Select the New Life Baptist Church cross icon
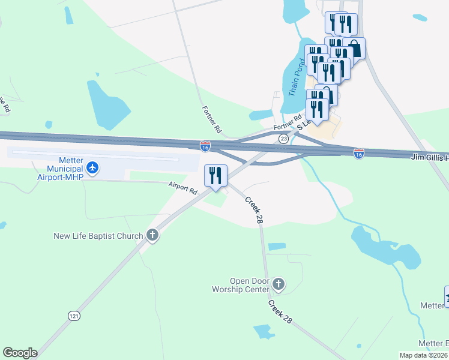tap(152, 235)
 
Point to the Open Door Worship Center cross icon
tap(278, 283)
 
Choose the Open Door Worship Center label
tap(250, 285)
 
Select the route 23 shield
tap(283, 139)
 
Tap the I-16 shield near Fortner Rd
tap(205, 146)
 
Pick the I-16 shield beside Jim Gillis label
tap(359, 154)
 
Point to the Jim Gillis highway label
tap(429, 157)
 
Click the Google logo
tap(20, 353)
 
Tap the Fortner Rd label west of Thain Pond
tap(212, 119)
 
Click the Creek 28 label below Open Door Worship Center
tap(280, 312)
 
